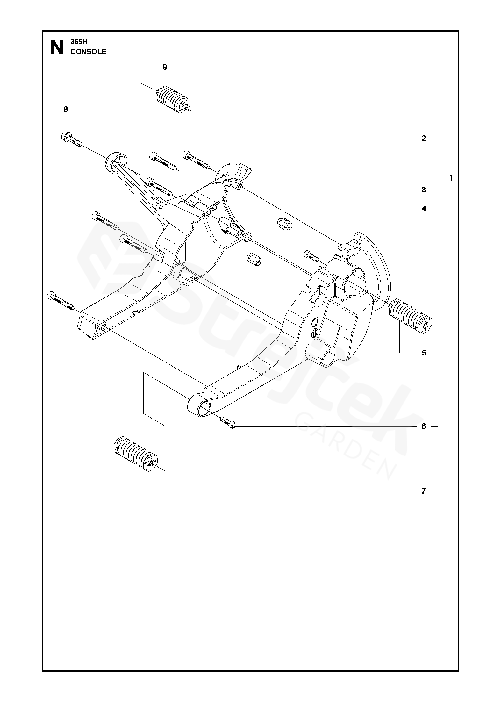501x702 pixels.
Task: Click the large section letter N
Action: tap(57, 48)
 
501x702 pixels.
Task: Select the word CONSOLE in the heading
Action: tap(88, 52)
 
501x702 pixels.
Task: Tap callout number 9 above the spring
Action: tap(164, 67)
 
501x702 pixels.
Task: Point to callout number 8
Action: tap(66, 110)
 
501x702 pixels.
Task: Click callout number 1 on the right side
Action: tap(451, 178)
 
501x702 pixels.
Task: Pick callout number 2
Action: tap(423, 139)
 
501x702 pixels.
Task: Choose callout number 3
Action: tap(423, 190)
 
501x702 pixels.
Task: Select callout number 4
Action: tap(423, 209)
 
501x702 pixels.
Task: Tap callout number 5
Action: tap(424, 353)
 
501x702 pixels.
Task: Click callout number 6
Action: tap(423, 426)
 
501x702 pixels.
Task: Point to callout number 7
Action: tap(423, 491)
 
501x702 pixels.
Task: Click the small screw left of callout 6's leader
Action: tap(227, 422)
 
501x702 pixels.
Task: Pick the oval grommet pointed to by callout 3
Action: tap(284, 223)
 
